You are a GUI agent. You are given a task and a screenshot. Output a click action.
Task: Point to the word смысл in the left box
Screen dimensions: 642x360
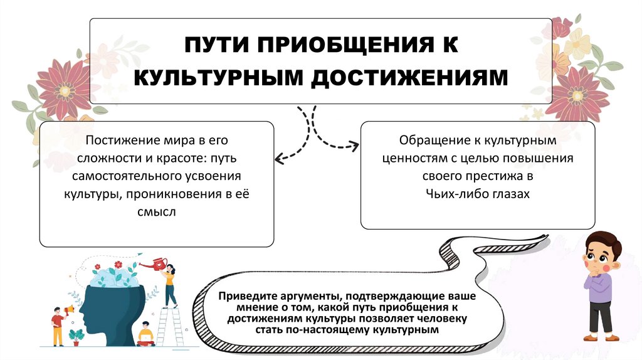click(157, 212)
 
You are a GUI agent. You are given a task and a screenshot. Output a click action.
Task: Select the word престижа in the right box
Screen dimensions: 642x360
click(495, 176)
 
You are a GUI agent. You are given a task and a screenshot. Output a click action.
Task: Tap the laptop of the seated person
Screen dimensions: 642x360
click(146, 339)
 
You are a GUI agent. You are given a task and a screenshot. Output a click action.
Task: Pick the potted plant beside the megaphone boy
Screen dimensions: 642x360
click(77, 336)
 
